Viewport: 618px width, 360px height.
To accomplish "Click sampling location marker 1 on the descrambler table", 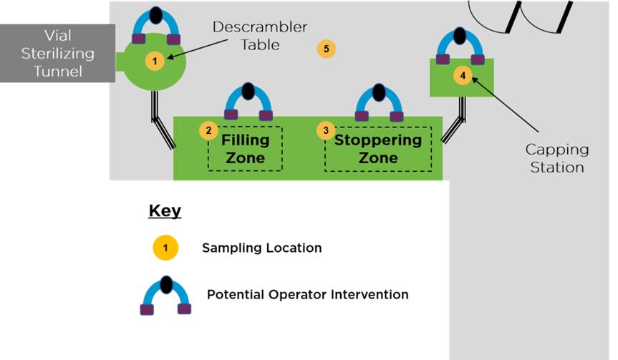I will click(x=155, y=62).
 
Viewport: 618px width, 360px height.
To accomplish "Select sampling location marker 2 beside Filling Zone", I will click(x=208, y=130).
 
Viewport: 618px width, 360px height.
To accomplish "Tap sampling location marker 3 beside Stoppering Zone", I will click(x=326, y=130).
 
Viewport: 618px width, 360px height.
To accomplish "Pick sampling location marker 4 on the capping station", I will click(x=463, y=75).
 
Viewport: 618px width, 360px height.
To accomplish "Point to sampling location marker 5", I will click(x=326, y=49).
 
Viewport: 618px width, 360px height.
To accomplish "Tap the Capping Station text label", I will click(x=557, y=158).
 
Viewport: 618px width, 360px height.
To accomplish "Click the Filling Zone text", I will click(x=245, y=148).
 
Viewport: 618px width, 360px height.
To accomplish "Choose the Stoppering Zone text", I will click(x=377, y=148).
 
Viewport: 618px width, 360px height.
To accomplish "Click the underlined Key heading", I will click(x=165, y=211).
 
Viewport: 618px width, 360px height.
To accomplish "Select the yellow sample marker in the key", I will click(x=165, y=248).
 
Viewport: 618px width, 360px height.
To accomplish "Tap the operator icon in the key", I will click(x=165, y=296).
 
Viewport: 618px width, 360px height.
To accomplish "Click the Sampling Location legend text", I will click(x=261, y=248).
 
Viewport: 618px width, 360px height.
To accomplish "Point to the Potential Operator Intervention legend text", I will click(x=308, y=294).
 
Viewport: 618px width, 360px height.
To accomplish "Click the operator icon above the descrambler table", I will click(x=156, y=27).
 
